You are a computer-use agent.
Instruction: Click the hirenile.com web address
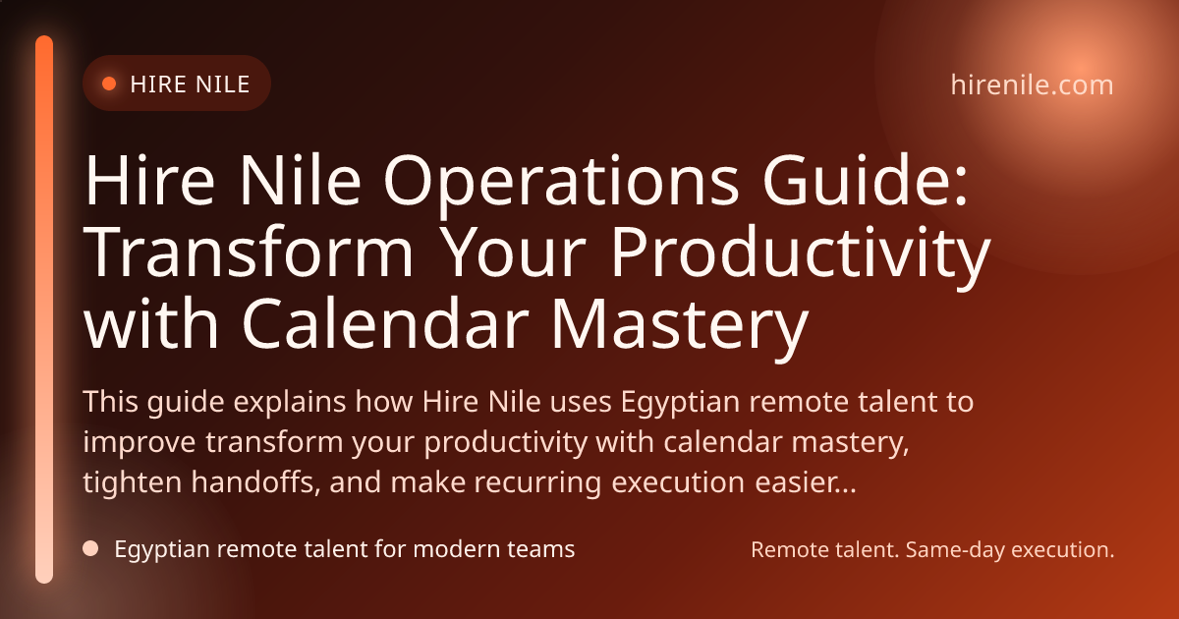1033,84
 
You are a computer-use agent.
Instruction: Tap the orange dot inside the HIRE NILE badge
109,84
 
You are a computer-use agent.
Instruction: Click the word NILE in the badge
220,84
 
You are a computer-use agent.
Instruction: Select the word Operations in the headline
562,181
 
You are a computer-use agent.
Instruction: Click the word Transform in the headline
249,252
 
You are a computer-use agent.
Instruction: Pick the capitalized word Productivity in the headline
801,256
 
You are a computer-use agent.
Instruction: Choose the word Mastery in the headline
680,327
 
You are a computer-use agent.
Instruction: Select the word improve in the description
140,443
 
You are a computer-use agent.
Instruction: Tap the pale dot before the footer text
90,548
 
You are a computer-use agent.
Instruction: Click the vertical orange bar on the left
44,309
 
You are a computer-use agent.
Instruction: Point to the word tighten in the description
133,482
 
